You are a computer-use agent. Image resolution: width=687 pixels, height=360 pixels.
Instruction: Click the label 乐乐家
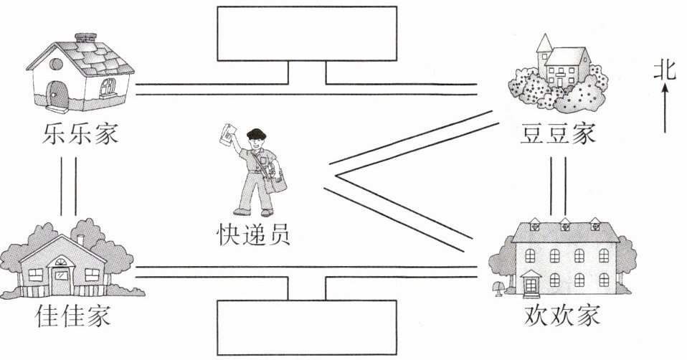tap(79, 134)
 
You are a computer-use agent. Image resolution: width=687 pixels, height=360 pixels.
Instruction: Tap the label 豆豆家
tap(558, 134)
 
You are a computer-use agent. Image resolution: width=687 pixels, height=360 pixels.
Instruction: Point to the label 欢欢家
tap(562, 315)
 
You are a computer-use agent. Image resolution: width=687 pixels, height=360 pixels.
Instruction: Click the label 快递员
tap(254, 235)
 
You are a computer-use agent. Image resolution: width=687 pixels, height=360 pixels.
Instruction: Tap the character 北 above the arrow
tap(665, 70)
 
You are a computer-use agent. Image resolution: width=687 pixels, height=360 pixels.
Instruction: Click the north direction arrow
tap(665, 108)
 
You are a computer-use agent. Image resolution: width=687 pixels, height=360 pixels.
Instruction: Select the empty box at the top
tap(307, 34)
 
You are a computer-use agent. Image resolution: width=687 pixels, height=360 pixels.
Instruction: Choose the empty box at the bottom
tap(307, 326)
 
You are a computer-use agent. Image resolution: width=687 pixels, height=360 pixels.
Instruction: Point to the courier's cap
tap(255, 133)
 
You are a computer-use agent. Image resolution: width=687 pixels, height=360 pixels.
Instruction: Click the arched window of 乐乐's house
tap(108, 88)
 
